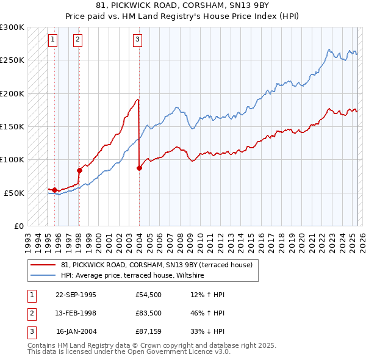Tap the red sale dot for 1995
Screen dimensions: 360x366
[x=55, y=190]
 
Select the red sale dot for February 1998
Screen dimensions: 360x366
[x=79, y=171]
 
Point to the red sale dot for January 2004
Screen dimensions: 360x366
[x=139, y=168]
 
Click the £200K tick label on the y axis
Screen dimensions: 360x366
[x=13, y=93]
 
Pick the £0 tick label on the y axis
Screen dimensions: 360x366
[x=19, y=226]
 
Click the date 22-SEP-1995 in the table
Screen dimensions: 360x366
[x=76, y=295]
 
